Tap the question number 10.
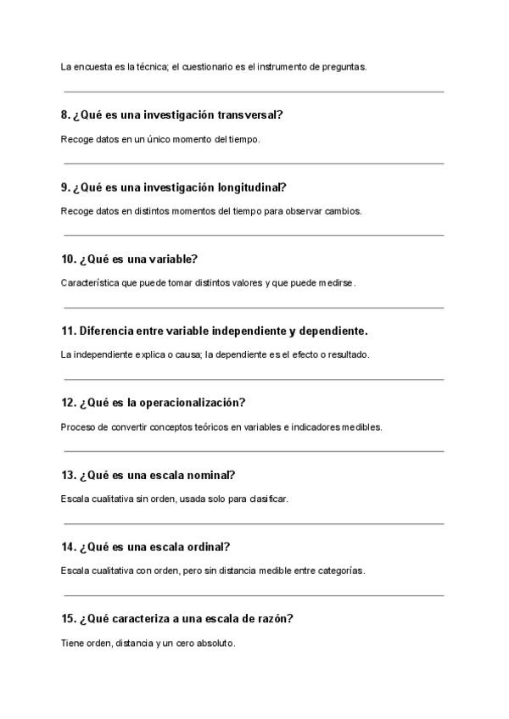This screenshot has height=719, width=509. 69,259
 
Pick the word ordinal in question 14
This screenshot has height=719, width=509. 204,547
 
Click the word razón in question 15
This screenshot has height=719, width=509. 273,619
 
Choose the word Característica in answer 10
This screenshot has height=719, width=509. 90,283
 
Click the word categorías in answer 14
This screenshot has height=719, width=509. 339,571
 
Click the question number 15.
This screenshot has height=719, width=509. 69,619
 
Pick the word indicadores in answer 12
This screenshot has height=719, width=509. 317,427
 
